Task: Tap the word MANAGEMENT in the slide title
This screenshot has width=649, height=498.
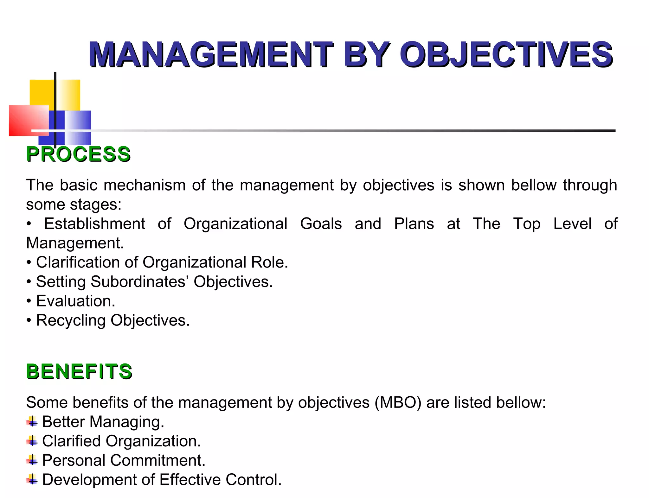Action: tap(211, 54)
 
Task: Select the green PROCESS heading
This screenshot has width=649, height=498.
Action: tap(78, 154)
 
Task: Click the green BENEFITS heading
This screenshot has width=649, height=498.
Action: tap(79, 371)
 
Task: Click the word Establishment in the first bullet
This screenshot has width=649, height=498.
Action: tap(94, 224)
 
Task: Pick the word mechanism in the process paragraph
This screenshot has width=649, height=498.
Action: tap(145, 185)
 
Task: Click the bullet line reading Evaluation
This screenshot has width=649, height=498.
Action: tap(75, 301)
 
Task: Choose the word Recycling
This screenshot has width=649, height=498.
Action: tap(71, 320)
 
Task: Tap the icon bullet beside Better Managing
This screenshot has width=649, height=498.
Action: tap(32, 422)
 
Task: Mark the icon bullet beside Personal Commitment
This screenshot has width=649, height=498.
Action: tap(32, 460)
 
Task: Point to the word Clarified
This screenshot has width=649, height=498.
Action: tap(71, 441)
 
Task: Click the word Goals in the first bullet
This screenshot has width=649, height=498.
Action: tap(321, 224)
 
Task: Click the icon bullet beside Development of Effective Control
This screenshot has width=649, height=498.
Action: tap(32, 480)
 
